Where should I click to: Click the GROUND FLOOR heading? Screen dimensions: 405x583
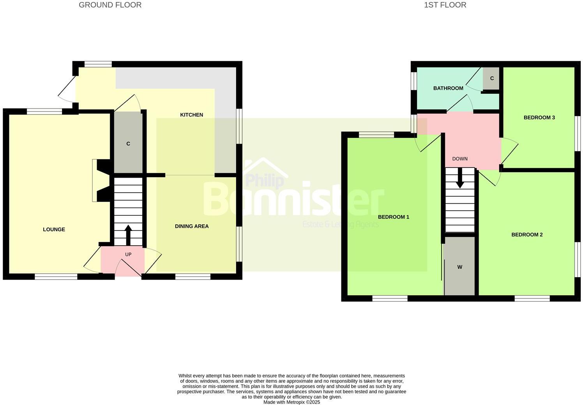110,5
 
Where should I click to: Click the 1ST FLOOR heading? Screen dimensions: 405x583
445,5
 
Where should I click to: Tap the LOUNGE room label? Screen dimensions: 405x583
54,229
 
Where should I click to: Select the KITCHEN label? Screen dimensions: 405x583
191,115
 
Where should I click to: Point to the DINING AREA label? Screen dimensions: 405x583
192,226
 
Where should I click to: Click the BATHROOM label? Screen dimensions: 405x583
448,88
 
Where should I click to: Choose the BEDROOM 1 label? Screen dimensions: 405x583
394,217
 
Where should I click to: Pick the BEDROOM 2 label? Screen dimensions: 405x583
527,234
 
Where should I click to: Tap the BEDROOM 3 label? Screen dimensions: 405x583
539,118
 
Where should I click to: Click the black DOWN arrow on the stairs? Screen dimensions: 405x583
460,179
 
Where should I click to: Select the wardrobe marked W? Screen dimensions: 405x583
460,267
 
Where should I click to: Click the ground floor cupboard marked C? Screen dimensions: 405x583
128,144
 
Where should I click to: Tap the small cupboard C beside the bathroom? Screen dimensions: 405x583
492,78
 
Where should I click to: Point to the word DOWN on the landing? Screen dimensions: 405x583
460,159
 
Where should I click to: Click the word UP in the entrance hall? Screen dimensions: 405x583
128,255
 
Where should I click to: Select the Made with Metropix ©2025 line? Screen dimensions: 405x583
291,402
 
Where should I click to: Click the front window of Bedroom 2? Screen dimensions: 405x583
532,298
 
